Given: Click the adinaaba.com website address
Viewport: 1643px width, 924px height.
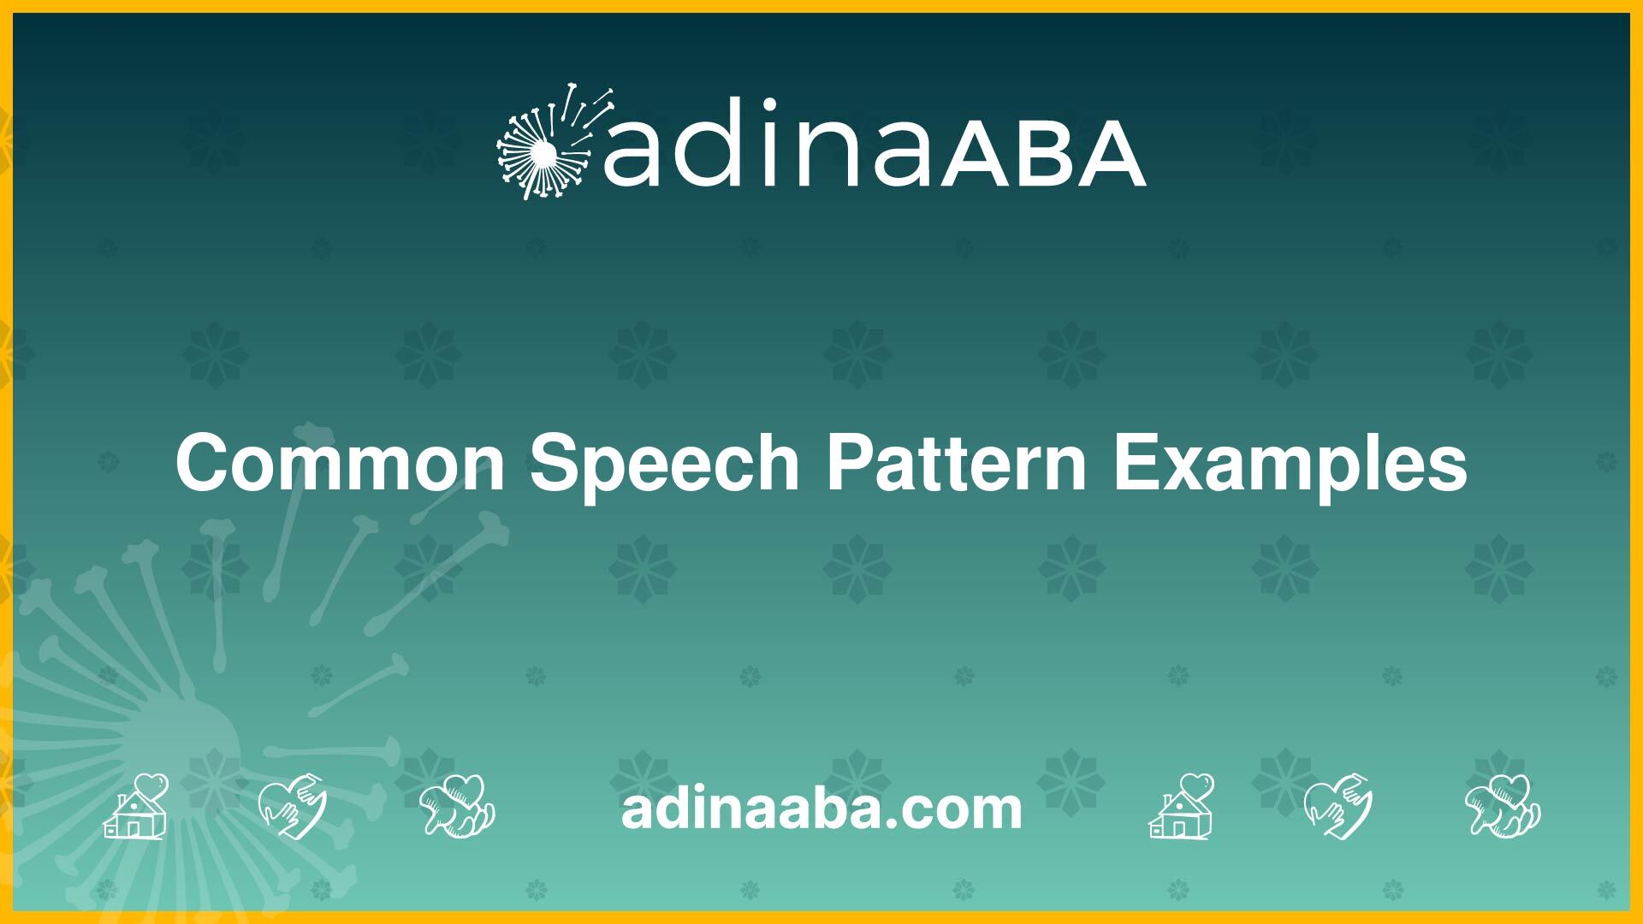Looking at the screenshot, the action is pos(821,808).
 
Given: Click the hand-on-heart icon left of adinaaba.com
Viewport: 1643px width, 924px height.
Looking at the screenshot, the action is pos(293,806).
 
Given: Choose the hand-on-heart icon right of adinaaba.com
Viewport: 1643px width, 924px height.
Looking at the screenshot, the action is pos(1338,806).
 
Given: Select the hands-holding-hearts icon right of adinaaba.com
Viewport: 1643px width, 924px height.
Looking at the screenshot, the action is pos(1503,806).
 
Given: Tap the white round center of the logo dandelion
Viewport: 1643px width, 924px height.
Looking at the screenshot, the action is pos(543,155).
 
